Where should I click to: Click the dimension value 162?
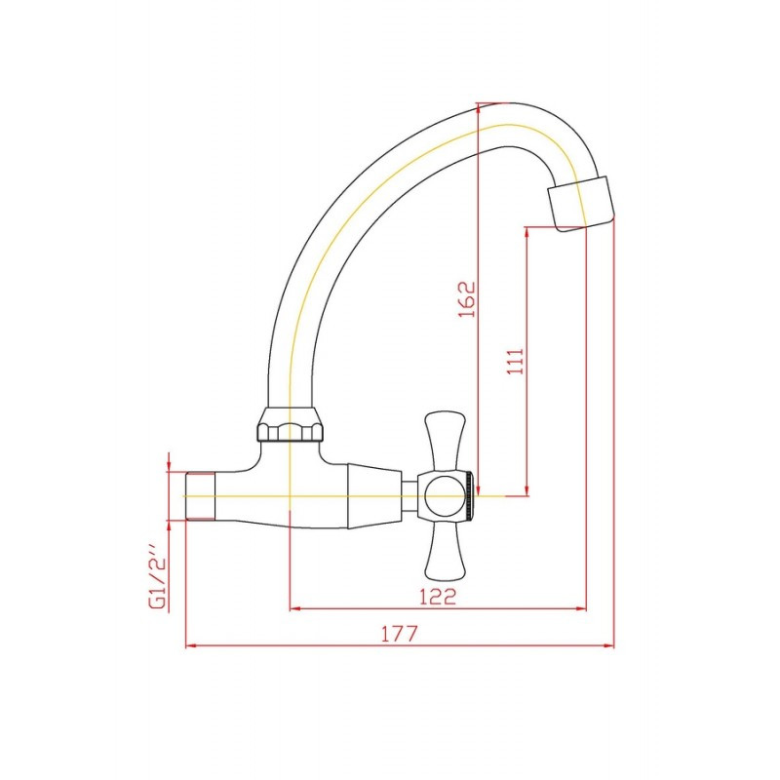coord(467,299)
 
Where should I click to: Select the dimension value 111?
coord(516,361)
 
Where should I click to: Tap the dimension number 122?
coord(438,596)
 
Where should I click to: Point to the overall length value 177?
coord(400,634)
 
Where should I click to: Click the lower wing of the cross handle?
coord(446,552)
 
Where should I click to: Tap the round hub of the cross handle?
coord(444,496)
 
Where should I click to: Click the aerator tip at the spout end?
coord(581,204)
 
